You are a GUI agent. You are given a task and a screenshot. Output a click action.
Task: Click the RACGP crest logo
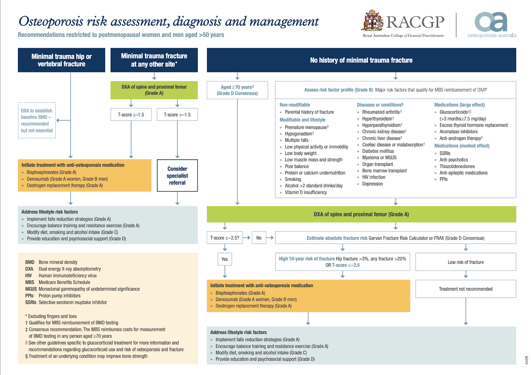click(372, 21)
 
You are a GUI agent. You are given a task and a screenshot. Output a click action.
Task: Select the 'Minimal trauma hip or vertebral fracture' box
click(61, 60)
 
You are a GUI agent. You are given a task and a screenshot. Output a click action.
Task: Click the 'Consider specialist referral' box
click(177, 176)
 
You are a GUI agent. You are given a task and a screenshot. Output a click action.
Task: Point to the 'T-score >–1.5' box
click(177, 114)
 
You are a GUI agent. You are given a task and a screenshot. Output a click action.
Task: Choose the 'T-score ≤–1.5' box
click(131, 114)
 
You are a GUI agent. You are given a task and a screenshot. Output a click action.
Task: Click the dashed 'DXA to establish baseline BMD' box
click(37, 120)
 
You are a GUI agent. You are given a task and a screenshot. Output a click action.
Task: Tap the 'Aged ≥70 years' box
click(237, 90)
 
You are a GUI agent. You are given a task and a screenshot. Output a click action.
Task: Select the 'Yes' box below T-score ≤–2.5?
click(225, 259)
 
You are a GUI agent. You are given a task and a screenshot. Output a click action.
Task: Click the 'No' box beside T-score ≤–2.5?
click(259, 238)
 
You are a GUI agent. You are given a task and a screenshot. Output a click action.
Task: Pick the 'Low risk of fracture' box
click(466, 262)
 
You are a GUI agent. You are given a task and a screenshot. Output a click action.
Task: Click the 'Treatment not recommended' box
click(466, 289)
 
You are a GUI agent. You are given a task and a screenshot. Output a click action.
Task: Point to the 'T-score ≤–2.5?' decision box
click(225, 238)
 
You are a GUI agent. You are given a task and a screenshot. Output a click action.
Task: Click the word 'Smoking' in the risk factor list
click(293, 179)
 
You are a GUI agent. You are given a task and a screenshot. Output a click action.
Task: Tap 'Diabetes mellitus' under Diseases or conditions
click(378, 151)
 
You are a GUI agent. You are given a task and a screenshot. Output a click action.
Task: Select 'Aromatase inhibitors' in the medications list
click(458, 131)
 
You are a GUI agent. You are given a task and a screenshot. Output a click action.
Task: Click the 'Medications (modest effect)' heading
click(462, 146)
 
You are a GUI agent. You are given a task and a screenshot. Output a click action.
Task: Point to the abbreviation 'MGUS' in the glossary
click(31, 289)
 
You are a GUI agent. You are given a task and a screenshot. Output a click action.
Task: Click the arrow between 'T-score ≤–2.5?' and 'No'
click(247, 238)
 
